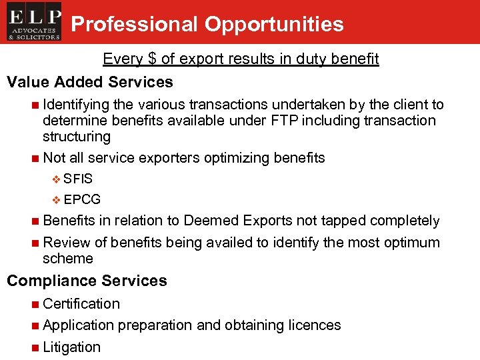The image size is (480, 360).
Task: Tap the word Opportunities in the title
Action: point(274,25)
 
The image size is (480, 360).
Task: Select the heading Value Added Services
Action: point(90,82)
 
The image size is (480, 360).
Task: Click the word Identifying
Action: point(76,105)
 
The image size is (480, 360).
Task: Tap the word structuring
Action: point(76,137)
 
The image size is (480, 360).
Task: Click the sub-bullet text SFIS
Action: point(79,179)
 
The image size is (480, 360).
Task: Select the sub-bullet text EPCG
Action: point(83,199)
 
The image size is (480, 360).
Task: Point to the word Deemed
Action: point(211,221)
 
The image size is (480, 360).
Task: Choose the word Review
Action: point(65,242)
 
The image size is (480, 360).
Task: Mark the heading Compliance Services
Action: point(87,281)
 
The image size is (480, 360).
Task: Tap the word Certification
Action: point(81,304)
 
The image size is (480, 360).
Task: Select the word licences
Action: point(315,325)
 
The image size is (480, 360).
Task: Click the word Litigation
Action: point(71,347)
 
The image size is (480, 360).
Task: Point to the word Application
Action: point(78,325)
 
